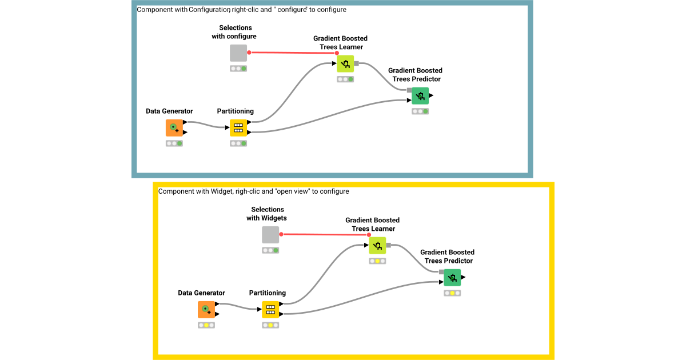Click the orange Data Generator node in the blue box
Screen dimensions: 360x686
point(174,127)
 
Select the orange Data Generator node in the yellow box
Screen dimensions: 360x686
point(206,310)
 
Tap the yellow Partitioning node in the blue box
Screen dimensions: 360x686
point(238,127)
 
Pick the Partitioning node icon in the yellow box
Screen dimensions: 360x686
point(270,310)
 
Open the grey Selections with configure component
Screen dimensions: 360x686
point(238,53)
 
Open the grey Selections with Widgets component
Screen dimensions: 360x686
point(270,235)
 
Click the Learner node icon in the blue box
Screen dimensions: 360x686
point(345,63)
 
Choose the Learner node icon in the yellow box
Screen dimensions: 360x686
point(377,246)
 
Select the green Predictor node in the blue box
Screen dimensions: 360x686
point(420,95)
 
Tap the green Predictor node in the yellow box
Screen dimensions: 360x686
point(452,278)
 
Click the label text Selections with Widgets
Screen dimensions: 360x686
point(267,214)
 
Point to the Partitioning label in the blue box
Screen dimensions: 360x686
point(235,111)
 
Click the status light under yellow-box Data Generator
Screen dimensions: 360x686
point(206,325)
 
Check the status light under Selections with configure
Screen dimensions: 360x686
point(238,69)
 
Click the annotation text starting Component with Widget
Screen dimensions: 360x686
point(253,191)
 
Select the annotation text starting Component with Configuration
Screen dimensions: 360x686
point(241,10)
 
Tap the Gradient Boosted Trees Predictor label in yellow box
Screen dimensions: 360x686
point(447,256)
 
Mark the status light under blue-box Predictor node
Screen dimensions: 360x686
point(420,111)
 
